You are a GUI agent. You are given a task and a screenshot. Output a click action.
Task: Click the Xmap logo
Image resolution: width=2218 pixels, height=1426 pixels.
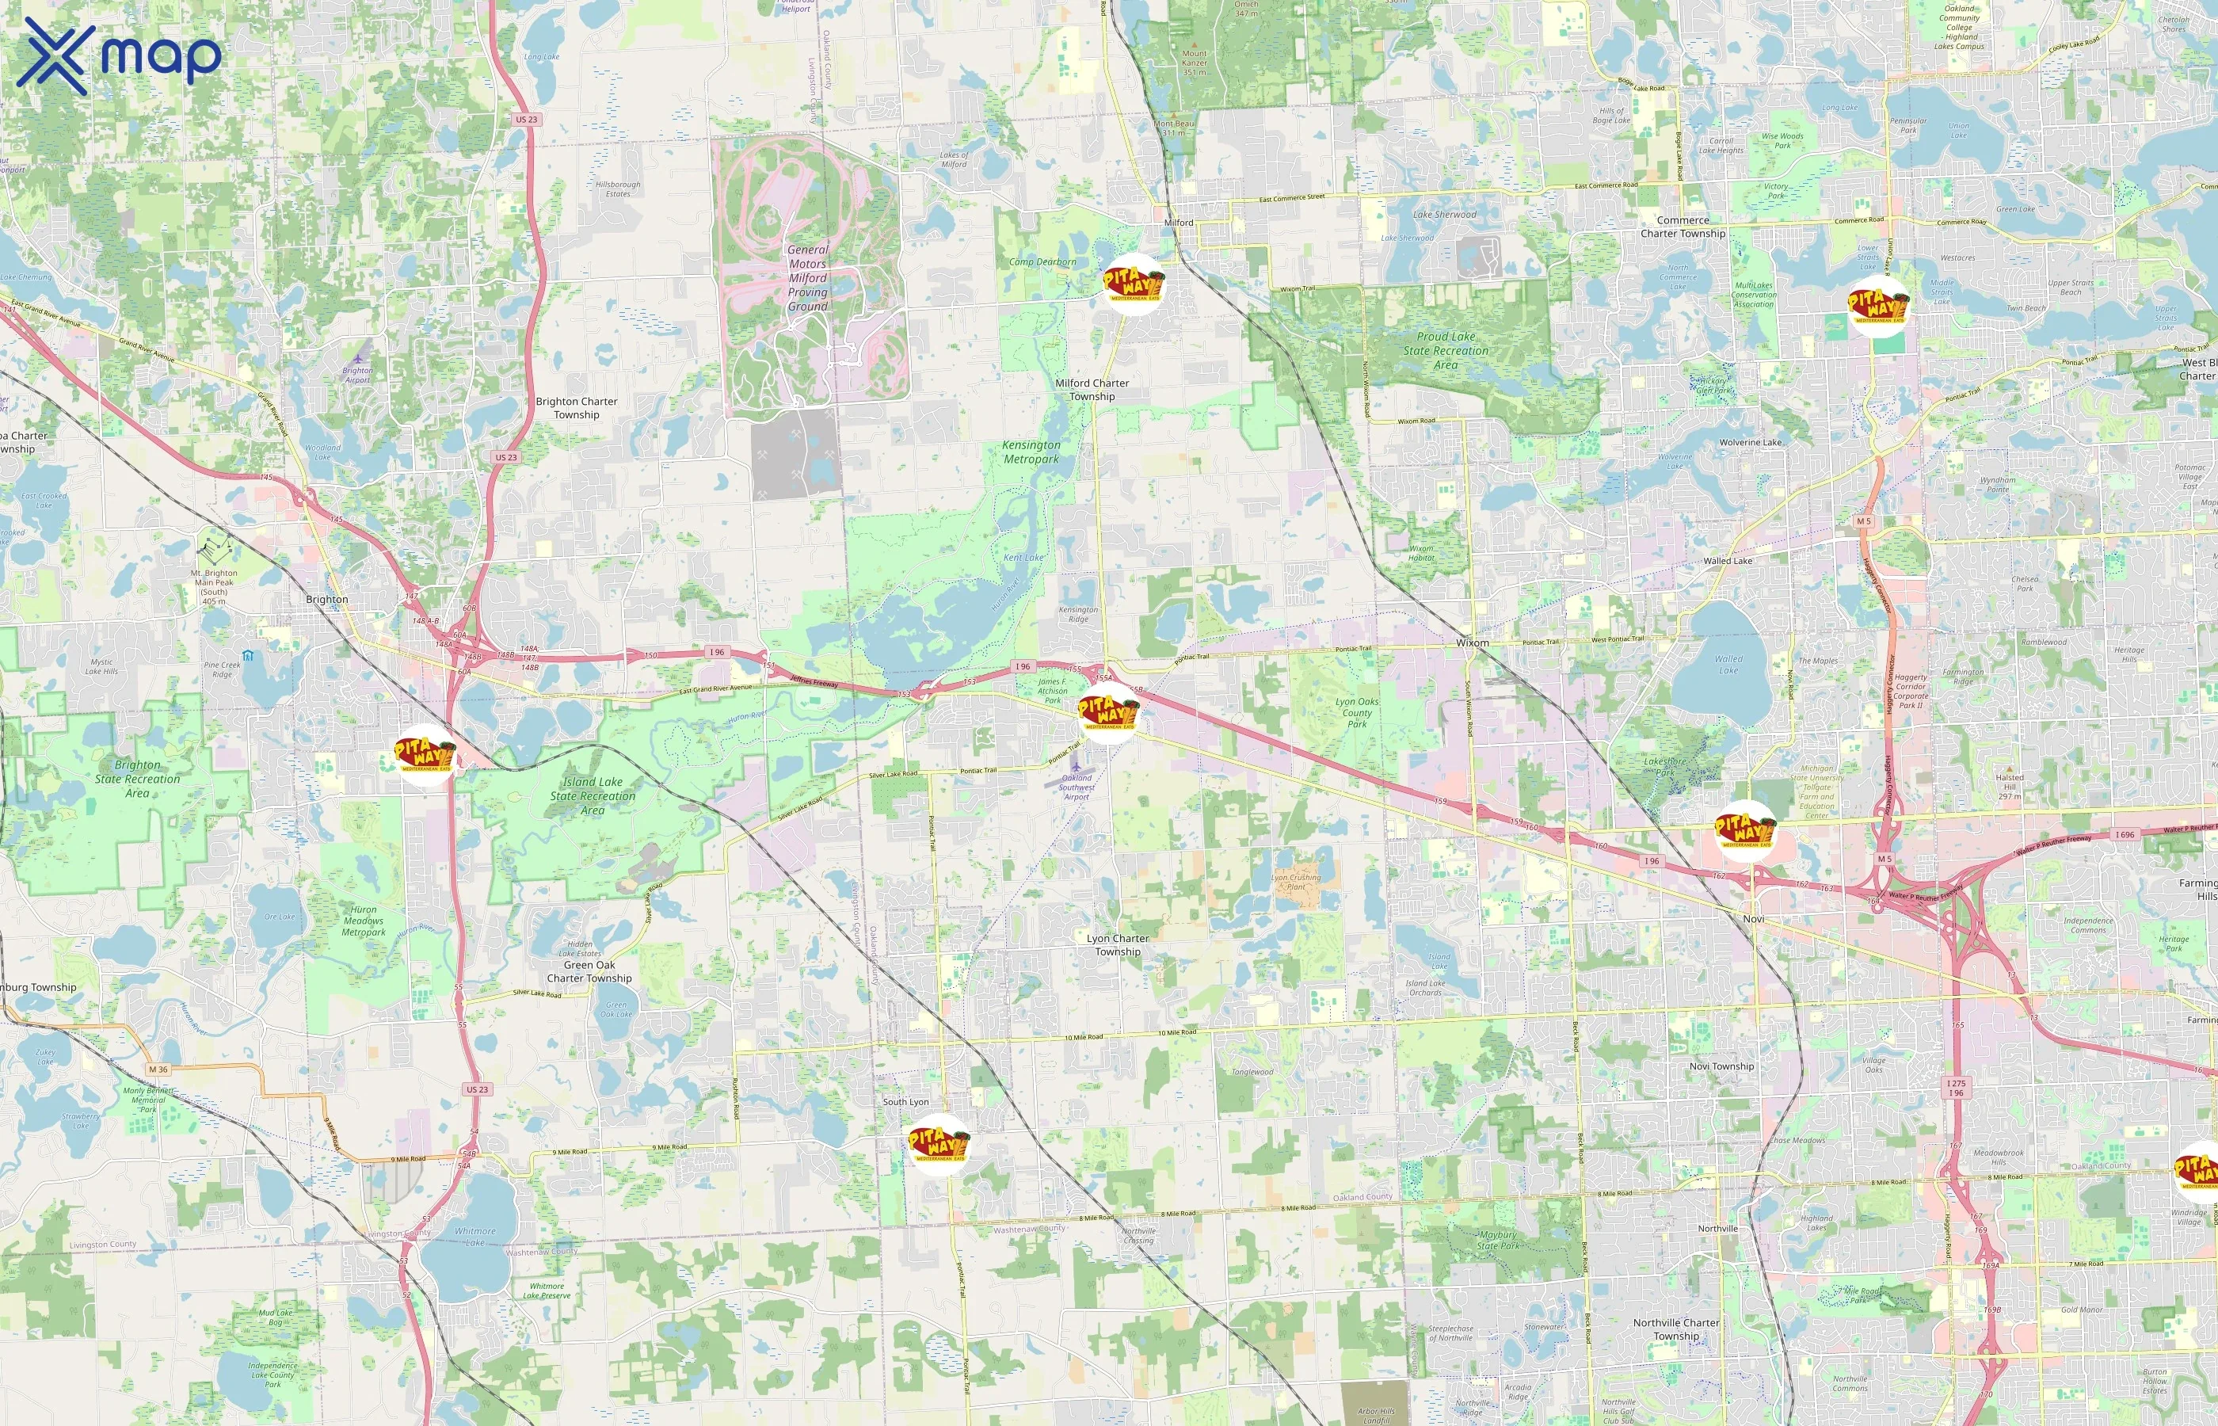tap(119, 55)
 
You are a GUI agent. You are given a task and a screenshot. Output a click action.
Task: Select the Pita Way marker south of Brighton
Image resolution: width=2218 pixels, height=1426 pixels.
tap(425, 756)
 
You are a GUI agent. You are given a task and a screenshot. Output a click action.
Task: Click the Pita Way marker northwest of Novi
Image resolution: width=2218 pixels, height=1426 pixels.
tap(1745, 830)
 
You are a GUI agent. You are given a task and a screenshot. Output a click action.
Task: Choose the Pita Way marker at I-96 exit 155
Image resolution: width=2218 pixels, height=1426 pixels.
tap(1108, 713)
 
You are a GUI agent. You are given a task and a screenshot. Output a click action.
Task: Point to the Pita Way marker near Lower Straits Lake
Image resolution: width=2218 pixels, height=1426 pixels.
tap(1877, 307)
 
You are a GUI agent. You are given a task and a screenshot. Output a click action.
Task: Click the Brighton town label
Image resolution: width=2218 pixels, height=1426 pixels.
tap(327, 599)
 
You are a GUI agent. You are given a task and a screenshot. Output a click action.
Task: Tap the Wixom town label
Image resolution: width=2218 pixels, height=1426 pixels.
tap(1472, 642)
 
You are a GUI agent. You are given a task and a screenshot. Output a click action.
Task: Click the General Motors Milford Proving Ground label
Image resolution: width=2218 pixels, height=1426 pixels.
tap(807, 278)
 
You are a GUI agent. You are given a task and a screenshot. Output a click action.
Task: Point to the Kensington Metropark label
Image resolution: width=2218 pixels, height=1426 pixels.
tap(1031, 452)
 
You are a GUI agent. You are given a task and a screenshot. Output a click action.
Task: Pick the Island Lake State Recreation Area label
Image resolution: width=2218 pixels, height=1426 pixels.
tap(593, 795)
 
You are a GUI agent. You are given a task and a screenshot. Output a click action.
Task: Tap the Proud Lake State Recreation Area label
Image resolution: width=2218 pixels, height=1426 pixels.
tap(1445, 351)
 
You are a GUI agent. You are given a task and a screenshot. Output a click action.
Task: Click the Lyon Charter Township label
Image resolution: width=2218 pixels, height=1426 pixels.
tap(1118, 944)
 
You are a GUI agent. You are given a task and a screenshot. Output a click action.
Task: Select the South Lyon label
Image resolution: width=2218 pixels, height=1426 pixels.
tap(905, 1102)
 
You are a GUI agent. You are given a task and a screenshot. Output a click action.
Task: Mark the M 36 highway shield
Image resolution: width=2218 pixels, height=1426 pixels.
tap(158, 1069)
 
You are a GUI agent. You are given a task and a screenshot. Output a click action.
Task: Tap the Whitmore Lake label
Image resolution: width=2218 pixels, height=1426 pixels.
tap(474, 1237)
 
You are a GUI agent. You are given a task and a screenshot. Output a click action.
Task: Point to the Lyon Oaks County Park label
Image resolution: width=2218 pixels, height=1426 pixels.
tap(1356, 712)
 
